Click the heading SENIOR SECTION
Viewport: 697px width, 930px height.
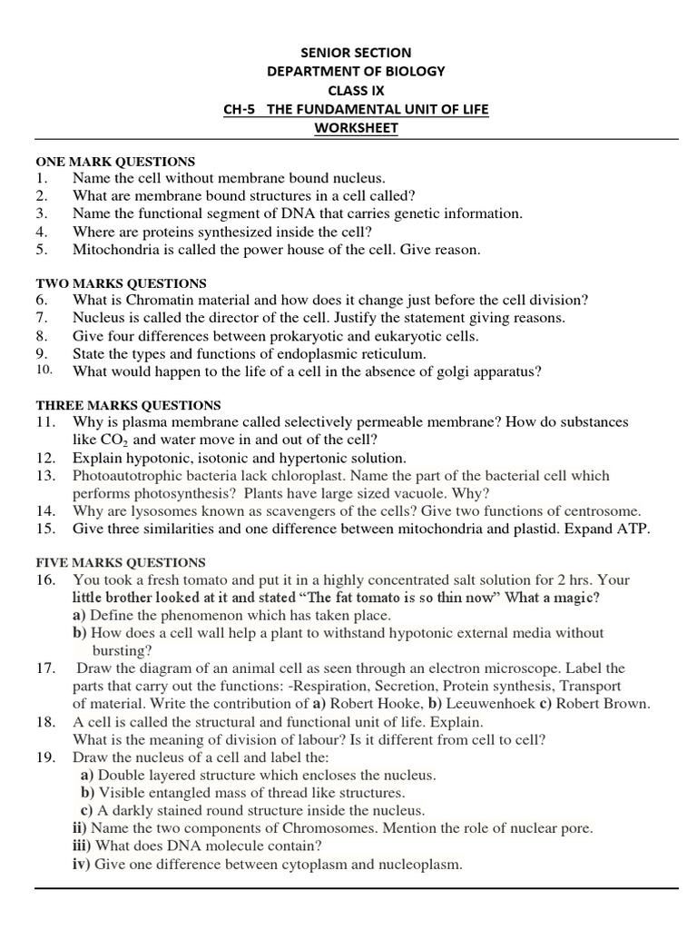tap(357, 53)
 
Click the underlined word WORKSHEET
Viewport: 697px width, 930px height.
tap(357, 127)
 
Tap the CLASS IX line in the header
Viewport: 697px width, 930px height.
tap(357, 90)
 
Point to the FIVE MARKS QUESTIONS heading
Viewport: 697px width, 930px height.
tap(121, 562)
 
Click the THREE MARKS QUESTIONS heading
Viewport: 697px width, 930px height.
tap(128, 405)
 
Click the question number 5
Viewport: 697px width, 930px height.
tap(41, 249)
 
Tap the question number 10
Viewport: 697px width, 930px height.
tap(44, 371)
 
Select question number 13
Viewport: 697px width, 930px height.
tap(46, 476)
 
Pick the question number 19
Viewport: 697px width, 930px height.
tap(46, 757)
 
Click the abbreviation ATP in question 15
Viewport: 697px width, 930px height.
tap(635, 529)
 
